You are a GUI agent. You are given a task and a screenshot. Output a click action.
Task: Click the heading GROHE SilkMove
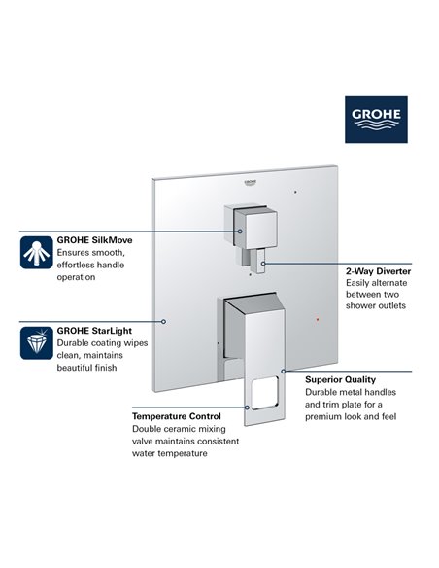point(95,238)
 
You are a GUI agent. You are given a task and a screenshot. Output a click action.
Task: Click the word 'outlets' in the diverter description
point(386,306)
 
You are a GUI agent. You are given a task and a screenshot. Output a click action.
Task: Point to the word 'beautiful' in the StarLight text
point(79,369)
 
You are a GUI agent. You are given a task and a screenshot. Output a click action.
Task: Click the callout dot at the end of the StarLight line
point(166,320)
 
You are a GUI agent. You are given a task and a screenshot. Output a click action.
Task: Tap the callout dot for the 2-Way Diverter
point(262,263)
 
